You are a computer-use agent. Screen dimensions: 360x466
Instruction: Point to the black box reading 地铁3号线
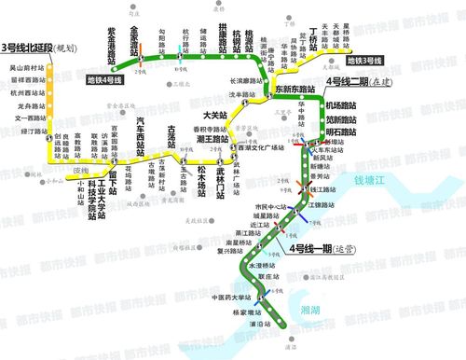coord(365,62)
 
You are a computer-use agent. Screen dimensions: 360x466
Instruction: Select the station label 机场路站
coord(340,106)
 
